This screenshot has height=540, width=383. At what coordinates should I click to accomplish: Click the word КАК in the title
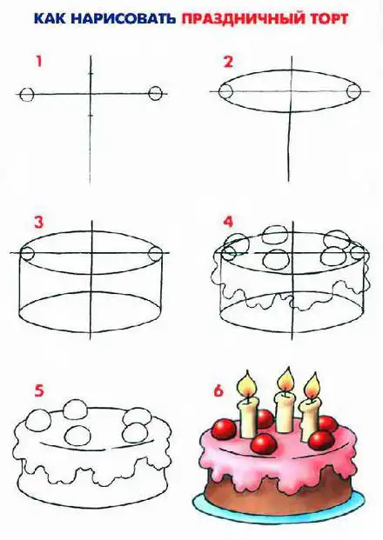pyautogui.click(x=50, y=18)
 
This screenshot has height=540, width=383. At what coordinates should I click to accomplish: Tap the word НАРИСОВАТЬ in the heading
pyautogui.click(x=123, y=18)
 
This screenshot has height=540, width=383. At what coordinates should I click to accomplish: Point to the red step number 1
pyautogui.click(x=39, y=62)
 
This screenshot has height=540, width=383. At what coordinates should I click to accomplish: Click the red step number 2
pyautogui.click(x=228, y=62)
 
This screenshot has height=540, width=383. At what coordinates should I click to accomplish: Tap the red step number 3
pyautogui.click(x=39, y=222)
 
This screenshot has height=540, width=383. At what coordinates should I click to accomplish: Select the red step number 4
pyautogui.click(x=228, y=222)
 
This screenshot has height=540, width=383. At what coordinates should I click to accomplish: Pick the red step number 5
pyautogui.click(x=39, y=391)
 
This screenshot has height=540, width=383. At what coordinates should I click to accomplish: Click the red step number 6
pyautogui.click(x=218, y=391)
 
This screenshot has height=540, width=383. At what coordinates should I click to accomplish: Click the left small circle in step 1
pyautogui.click(x=27, y=94)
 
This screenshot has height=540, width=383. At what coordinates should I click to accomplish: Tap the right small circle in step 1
pyautogui.click(x=155, y=93)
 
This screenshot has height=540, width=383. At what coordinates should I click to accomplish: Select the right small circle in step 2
pyautogui.click(x=353, y=91)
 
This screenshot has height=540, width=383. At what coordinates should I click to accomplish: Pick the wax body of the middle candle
pyautogui.click(x=286, y=412)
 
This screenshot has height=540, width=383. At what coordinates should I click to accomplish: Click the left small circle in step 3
pyautogui.click(x=27, y=253)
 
